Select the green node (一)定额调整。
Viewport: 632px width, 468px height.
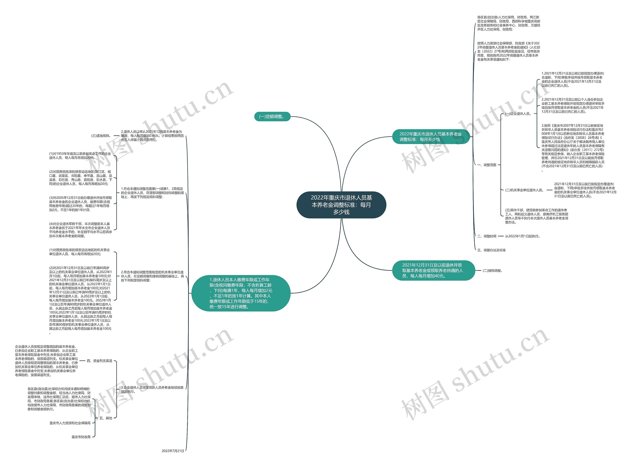(272, 116)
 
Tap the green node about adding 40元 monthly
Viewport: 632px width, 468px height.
(433, 270)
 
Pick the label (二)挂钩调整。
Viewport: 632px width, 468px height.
(493, 271)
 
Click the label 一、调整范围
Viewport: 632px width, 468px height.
(487, 165)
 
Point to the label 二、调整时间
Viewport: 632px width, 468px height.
(487, 236)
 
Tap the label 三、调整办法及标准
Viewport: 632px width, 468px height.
(491, 250)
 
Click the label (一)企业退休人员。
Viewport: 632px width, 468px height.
(518, 114)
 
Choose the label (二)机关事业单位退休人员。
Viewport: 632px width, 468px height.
(525, 190)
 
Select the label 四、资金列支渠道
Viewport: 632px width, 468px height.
(99, 361)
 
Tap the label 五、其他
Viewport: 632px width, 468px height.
(106, 418)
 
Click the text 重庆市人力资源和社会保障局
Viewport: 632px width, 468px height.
(70, 423)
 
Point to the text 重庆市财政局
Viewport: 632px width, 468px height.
(81, 437)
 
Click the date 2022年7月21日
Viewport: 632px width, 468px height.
(173, 451)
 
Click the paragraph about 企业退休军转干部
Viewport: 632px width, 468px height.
(80, 230)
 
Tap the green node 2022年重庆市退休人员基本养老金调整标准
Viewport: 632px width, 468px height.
(431, 137)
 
